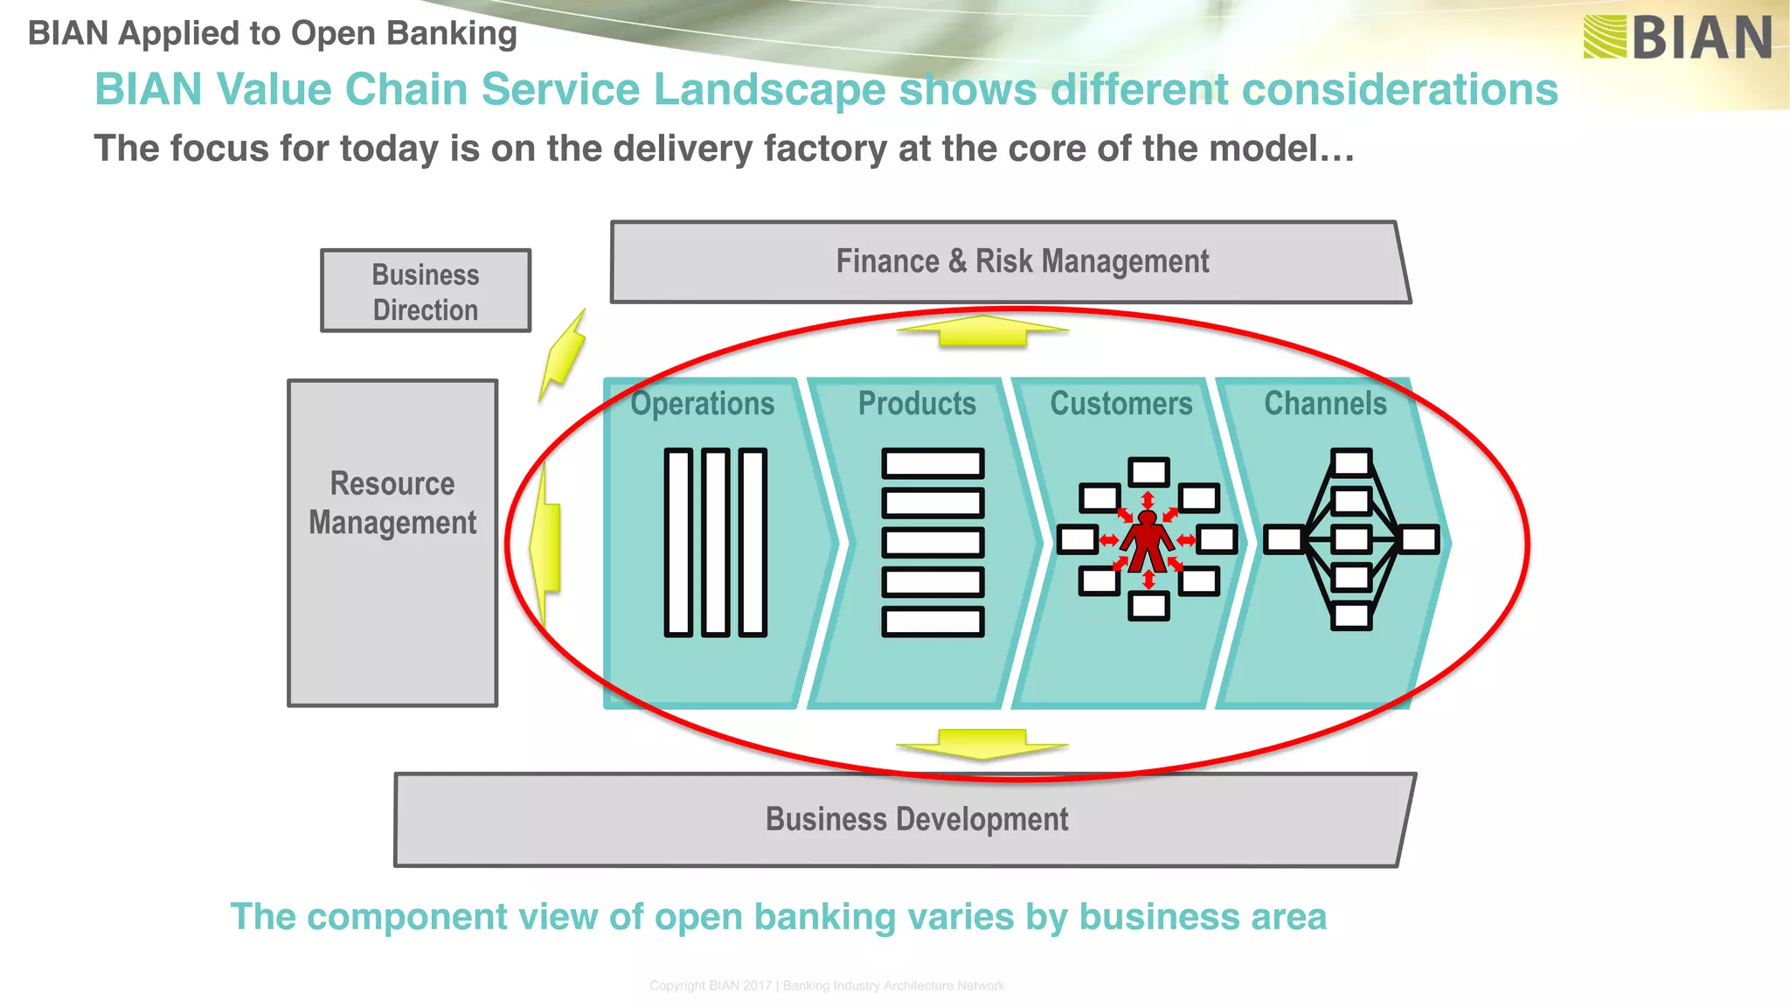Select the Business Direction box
point(426,291)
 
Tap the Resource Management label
point(392,503)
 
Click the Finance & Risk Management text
point(1022,261)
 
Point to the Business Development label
point(916,819)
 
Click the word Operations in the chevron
point(703,404)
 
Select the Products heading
point(917,404)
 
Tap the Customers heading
point(1120,404)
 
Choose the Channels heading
point(1325,404)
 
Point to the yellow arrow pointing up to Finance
point(982,331)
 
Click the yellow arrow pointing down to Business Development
point(982,744)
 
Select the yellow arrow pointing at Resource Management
point(545,542)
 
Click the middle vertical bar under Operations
point(715,542)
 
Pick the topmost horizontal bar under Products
point(933,463)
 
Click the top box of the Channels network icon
point(1351,462)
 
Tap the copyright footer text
point(827,985)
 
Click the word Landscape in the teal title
point(769,89)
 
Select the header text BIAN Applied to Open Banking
point(272,33)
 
